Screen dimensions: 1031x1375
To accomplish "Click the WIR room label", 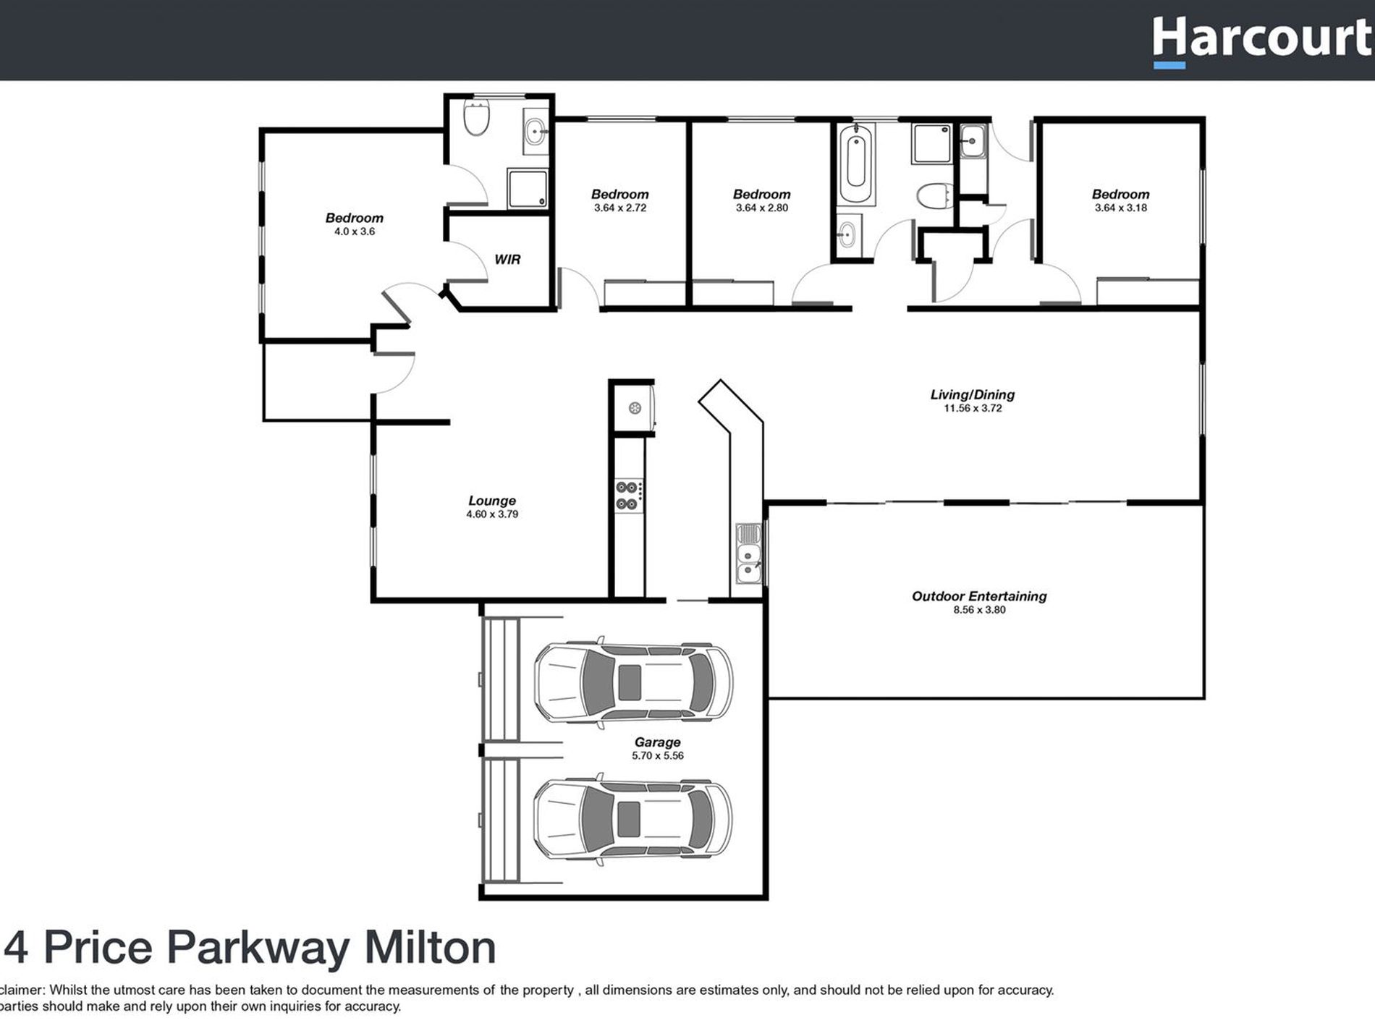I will point(507,259).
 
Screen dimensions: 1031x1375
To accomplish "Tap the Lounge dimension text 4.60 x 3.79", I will point(492,514).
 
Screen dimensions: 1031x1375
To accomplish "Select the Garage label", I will point(657,742).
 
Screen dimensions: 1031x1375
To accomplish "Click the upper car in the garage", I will point(632,682).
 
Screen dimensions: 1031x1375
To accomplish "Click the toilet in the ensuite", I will point(477,119).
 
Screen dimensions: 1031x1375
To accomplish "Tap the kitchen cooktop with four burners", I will point(627,496).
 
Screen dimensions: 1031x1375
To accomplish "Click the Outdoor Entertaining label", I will point(979,596).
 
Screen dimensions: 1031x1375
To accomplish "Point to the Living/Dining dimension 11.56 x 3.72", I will point(973,408).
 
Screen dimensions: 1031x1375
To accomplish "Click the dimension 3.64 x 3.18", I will point(1120,208).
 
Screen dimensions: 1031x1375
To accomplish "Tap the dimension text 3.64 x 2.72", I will point(620,208).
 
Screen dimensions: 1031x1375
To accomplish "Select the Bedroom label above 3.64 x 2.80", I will point(761,194).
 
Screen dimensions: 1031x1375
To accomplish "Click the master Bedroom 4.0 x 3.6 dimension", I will point(355,232).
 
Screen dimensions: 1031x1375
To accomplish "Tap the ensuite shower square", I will point(527,188).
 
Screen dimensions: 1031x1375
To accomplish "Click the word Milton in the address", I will point(430,947).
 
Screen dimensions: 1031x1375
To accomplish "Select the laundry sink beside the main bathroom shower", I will point(973,141).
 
